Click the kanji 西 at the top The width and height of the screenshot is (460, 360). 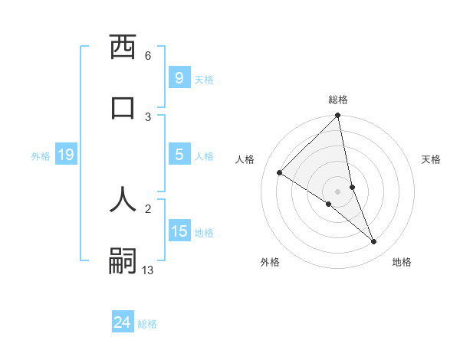click(123, 47)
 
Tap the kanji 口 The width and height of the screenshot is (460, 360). click(123, 106)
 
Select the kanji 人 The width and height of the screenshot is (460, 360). click(123, 198)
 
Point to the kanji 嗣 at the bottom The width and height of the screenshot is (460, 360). click(123, 260)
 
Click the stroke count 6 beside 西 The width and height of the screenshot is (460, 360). click(148, 56)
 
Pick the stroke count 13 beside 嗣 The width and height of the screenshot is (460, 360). click(148, 270)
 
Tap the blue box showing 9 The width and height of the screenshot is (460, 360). click(179, 77)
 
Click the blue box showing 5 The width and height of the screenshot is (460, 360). click(179, 155)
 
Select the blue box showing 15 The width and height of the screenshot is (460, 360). click(179, 231)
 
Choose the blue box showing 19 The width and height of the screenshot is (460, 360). click(65, 155)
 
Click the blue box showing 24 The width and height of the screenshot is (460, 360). click(122, 322)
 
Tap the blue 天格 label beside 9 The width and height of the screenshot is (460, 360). click(204, 79)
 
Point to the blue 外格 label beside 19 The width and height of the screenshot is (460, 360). click(41, 156)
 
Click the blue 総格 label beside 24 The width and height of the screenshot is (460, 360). click(147, 324)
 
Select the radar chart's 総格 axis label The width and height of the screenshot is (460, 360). click(338, 100)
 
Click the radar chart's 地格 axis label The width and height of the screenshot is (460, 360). click(402, 263)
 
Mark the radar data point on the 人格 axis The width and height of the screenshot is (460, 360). click(280, 173)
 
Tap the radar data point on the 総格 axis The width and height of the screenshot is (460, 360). click(338, 116)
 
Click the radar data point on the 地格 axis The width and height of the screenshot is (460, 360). click(374, 241)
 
